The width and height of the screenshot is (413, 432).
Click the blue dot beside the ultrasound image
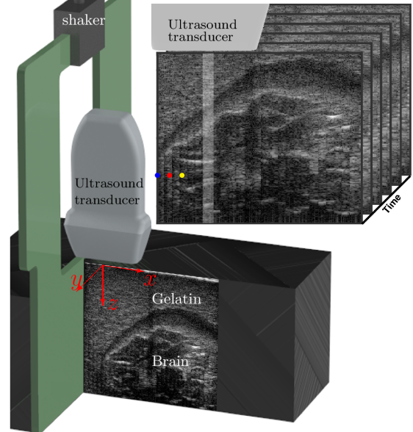click(x=157, y=175)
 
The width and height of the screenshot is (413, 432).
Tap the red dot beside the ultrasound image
click(x=170, y=175)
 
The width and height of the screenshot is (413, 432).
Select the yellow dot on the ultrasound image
click(x=182, y=175)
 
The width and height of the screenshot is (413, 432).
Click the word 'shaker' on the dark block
click(x=83, y=20)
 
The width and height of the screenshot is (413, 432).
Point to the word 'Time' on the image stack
click(x=392, y=204)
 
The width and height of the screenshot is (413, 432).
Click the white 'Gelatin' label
click(x=176, y=299)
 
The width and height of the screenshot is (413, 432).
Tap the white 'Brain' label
click(x=170, y=361)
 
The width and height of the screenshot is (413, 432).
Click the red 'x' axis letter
click(x=150, y=279)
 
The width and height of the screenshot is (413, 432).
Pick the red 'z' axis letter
click(x=113, y=304)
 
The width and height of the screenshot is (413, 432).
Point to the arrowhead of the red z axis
click(x=103, y=303)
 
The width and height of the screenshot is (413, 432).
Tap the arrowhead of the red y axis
click(x=79, y=288)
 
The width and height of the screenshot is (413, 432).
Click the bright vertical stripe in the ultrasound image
click(x=208, y=138)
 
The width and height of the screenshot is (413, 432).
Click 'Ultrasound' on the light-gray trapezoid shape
click(x=203, y=24)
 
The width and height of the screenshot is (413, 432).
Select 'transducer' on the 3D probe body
click(x=107, y=200)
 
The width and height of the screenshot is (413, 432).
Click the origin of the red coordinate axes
click(x=103, y=266)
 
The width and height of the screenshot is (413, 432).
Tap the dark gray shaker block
click(x=79, y=34)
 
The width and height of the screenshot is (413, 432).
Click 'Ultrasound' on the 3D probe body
click(x=109, y=184)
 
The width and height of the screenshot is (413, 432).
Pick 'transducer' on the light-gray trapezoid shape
click(x=201, y=37)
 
